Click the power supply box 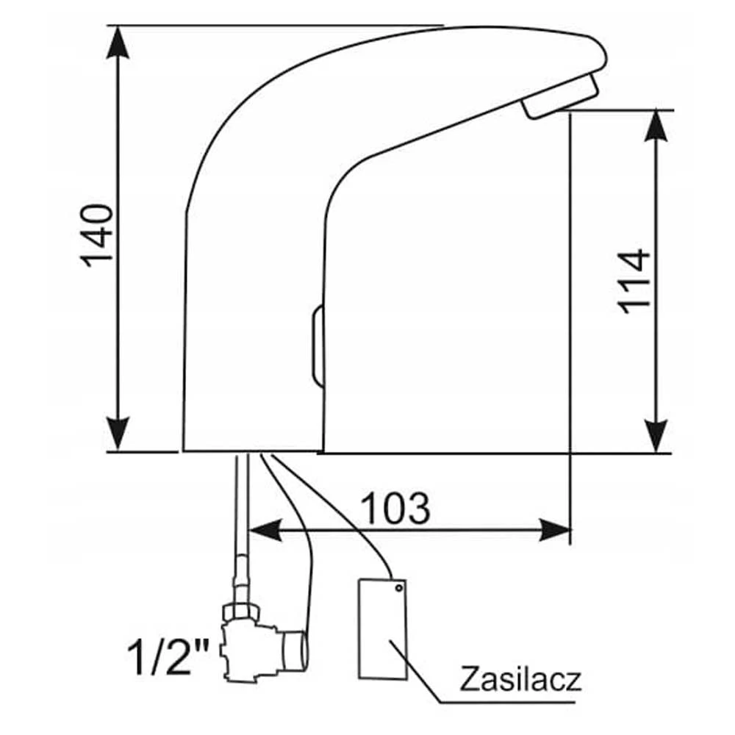[382, 630]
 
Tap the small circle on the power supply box [399, 588]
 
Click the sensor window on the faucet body [318, 345]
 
